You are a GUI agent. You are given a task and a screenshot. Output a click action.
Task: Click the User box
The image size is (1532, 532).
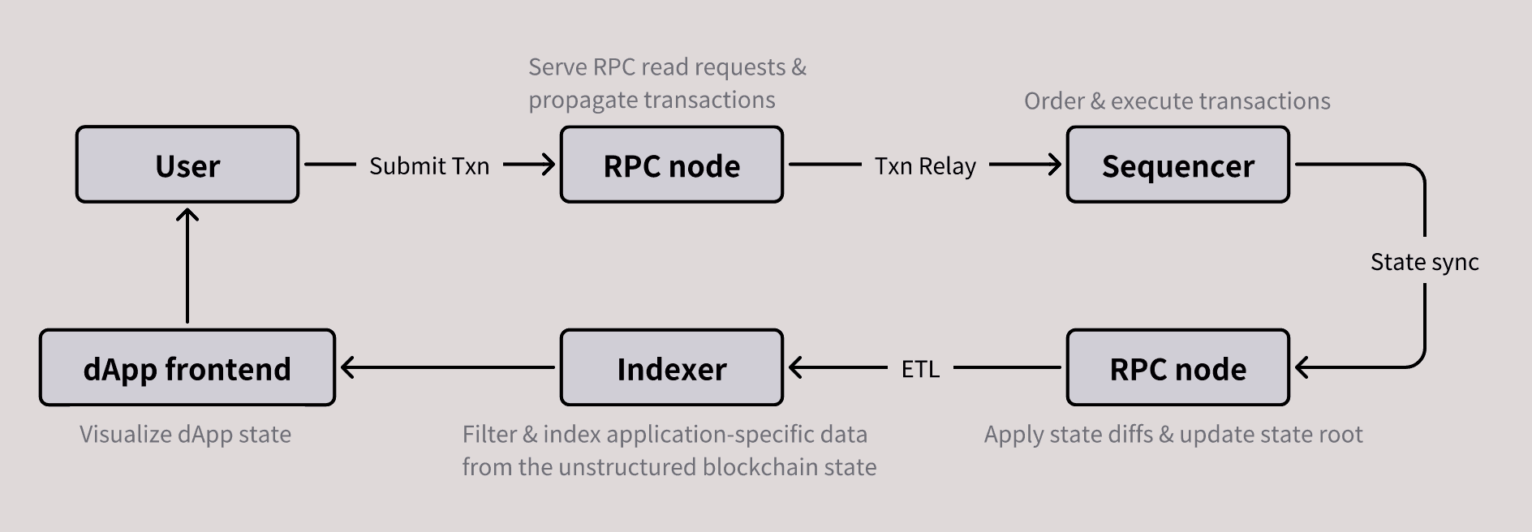pyautogui.click(x=187, y=165)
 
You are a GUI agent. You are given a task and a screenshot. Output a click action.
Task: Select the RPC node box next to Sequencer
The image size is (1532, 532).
pyautogui.click(x=671, y=165)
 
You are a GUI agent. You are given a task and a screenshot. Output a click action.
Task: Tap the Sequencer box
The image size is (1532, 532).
pyautogui.click(x=1177, y=165)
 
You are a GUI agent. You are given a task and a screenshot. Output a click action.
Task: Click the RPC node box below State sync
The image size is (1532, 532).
pyautogui.click(x=1177, y=368)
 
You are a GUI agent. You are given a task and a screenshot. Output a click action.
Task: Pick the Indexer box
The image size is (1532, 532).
pyautogui.click(x=671, y=368)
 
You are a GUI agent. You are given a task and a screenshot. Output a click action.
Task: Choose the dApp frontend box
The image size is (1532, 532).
pyautogui.click(x=187, y=368)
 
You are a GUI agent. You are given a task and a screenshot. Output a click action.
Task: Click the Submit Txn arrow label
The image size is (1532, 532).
pyautogui.click(x=429, y=166)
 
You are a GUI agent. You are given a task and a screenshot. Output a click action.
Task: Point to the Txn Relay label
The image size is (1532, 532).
pyautogui.click(x=925, y=166)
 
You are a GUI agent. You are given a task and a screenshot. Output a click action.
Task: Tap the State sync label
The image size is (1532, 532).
pyautogui.click(x=1424, y=262)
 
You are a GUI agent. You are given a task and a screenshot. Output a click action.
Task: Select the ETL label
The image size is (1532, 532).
pyautogui.click(x=920, y=369)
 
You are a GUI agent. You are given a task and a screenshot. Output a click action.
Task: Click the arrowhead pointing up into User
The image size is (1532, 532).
pyautogui.click(x=187, y=215)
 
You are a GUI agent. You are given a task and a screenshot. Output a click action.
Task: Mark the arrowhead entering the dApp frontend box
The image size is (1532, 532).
pyautogui.click(x=348, y=367)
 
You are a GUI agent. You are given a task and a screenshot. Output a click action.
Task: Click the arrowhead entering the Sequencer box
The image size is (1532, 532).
pyautogui.click(x=1054, y=165)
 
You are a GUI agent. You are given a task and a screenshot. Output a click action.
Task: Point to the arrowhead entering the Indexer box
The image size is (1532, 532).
pyautogui.click(x=796, y=367)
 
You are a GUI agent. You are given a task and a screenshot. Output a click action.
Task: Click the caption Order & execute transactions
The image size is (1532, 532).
pyautogui.click(x=1177, y=101)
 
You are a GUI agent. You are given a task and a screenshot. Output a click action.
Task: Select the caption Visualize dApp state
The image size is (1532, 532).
pyautogui.click(x=185, y=435)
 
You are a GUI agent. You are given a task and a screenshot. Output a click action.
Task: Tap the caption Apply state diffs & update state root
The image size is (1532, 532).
pyautogui.click(x=1173, y=435)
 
